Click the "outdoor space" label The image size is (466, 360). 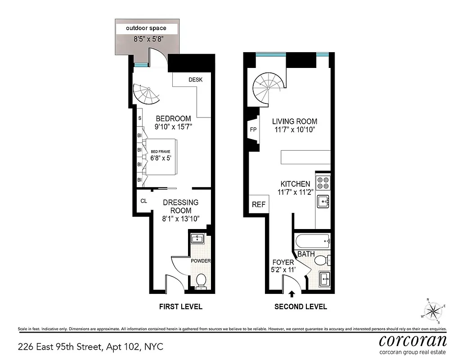click(146, 28)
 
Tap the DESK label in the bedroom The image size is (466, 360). click(195, 80)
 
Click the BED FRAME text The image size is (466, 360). click(160, 152)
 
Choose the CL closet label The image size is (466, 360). click(143, 201)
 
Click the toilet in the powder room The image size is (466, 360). click(201, 280)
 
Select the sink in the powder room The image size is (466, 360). click(197, 238)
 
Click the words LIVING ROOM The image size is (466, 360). click(294, 121)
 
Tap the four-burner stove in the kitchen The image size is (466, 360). click(323, 182)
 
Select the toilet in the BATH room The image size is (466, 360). click(322, 260)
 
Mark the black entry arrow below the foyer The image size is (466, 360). click(291, 294)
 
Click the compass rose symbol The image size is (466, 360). click(434, 310)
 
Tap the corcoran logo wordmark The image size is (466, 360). click(412, 340)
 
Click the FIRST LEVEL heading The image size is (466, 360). click(180, 307)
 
